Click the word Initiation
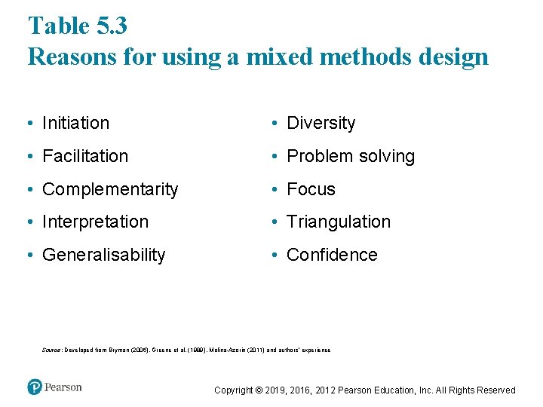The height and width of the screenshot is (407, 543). [75, 123]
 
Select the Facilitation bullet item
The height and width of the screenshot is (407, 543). [85, 156]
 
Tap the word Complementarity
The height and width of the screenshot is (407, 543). [110, 189]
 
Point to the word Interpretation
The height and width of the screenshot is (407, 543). [95, 222]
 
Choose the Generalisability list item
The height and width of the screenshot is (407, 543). [103, 255]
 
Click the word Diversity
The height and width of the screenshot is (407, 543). [321, 123]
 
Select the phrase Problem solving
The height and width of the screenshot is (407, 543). [351, 156]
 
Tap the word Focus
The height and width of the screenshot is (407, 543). [311, 189]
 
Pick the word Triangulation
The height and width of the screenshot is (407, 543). [339, 222]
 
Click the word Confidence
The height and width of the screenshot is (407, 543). [332, 255]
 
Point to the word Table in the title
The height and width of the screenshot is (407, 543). [58, 26]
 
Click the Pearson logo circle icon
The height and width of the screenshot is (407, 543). [35, 387]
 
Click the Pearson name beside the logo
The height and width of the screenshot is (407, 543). [63, 387]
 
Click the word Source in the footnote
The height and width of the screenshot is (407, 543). [52, 350]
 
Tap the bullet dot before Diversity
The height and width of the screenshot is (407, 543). [278, 124]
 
